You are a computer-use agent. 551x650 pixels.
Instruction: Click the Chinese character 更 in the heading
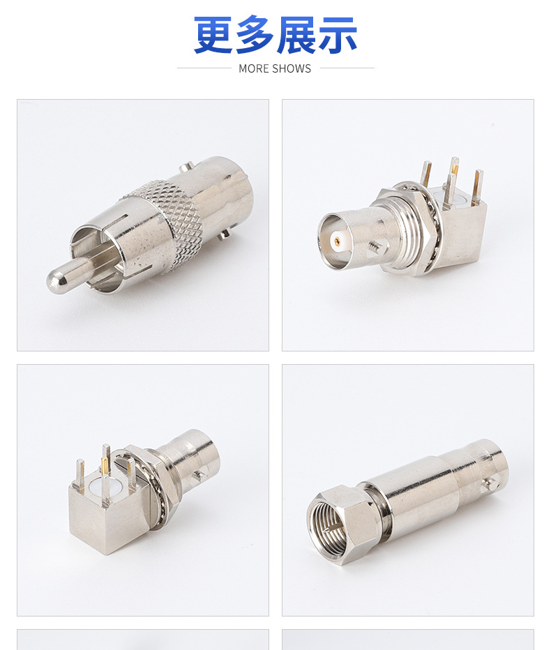pos(213,35)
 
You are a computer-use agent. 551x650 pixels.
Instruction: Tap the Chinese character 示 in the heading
pos(337,35)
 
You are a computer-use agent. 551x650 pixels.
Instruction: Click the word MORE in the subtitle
pos(252,69)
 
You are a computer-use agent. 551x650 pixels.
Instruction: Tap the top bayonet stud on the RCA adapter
pos(186,167)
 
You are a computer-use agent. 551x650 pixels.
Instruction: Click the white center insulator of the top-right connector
pos(338,240)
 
